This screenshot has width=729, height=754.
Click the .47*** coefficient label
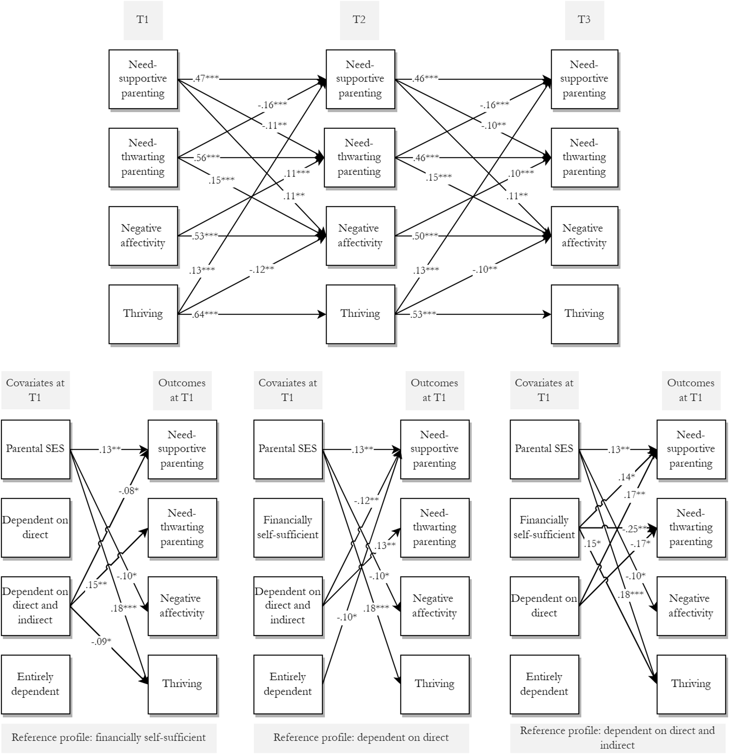pyautogui.click(x=206, y=78)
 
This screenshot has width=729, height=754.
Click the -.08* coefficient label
pyautogui.click(x=128, y=491)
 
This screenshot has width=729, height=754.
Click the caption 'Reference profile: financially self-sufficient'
pyautogui.click(x=109, y=737)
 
